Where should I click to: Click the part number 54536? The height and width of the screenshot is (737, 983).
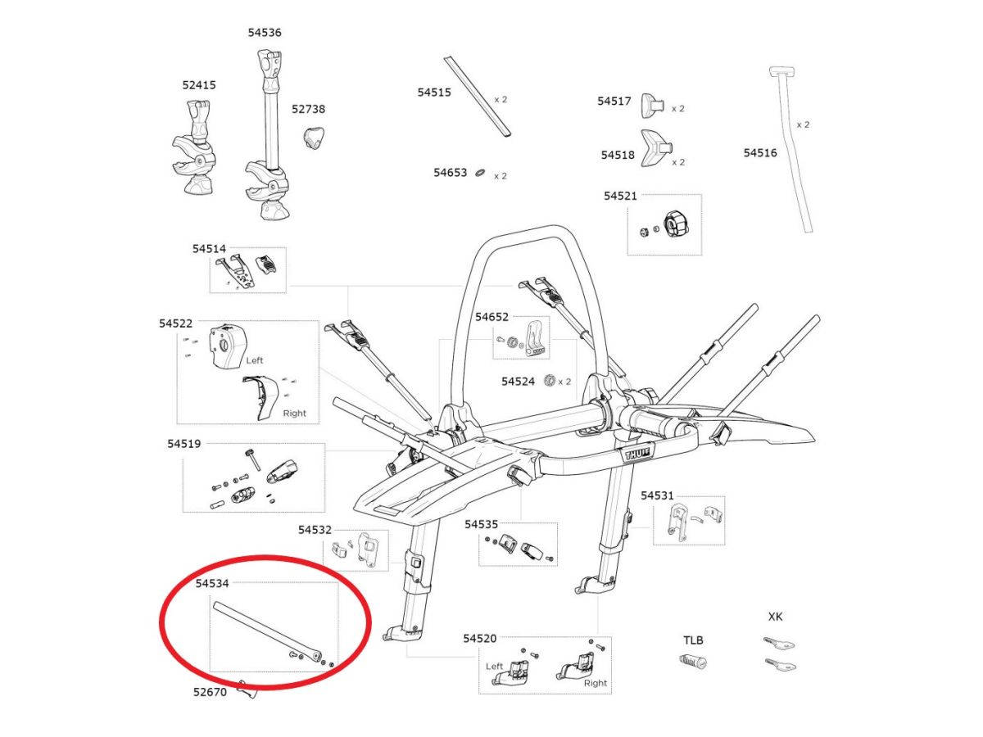[265, 33]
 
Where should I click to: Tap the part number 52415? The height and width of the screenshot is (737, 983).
[199, 84]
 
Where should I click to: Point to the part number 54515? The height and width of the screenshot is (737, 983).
[434, 93]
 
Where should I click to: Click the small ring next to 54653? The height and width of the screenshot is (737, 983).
[481, 173]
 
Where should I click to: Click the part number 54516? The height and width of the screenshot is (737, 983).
[760, 152]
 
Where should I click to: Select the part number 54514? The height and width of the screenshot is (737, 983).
[209, 248]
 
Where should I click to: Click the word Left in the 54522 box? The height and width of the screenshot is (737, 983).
[255, 359]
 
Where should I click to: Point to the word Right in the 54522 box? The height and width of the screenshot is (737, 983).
[294, 414]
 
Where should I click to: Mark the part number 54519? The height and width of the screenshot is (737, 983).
[183, 443]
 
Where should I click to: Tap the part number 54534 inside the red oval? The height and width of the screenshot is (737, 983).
[212, 584]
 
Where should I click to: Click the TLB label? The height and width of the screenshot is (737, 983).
[693, 640]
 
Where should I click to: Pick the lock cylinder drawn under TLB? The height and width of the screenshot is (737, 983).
[693, 662]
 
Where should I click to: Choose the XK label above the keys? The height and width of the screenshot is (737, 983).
[775, 617]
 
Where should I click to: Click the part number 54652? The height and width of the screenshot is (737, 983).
[492, 316]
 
